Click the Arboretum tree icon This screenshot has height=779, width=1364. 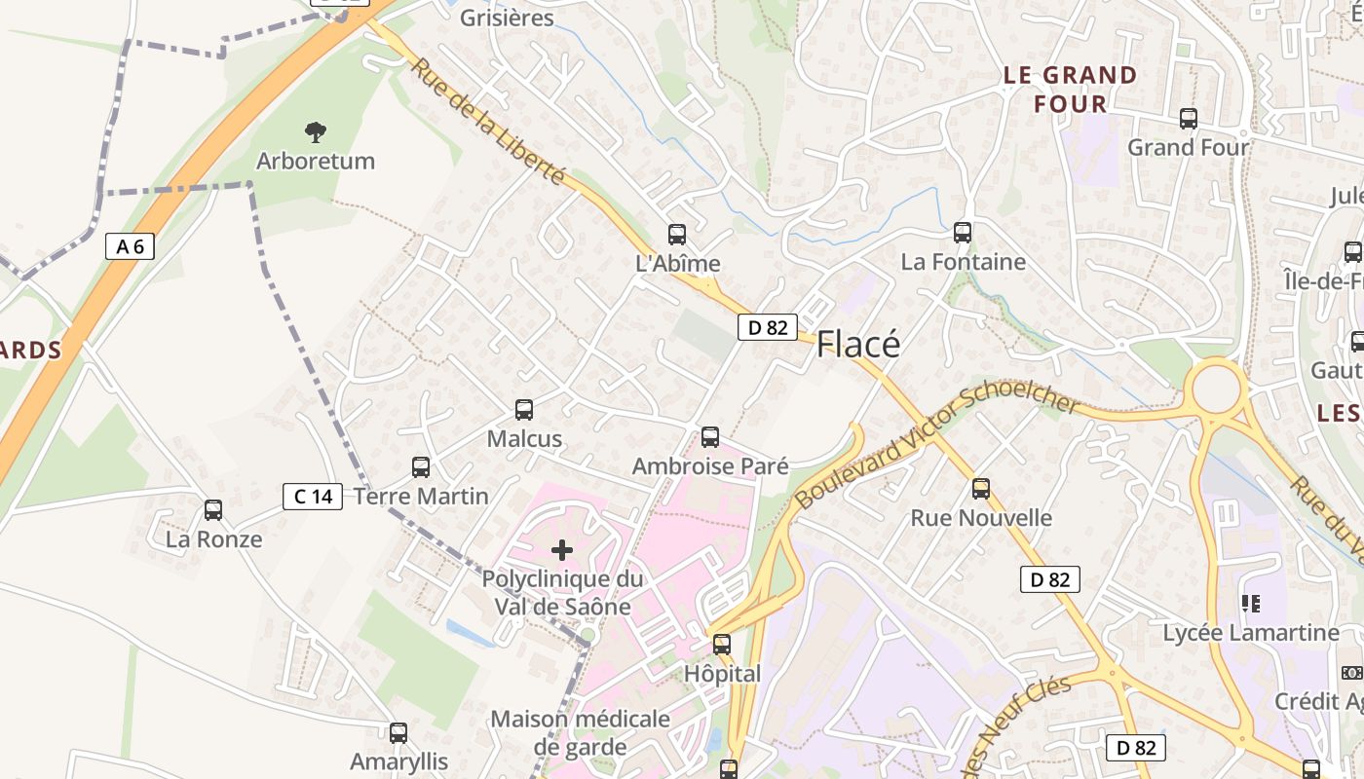click(x=315, y=132)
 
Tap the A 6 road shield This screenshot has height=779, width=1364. click(x=130, y=246)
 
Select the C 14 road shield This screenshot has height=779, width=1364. click(x=313, y=497)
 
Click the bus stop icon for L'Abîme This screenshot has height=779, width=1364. click(x=677, y=235)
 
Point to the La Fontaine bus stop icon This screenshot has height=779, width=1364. click(x=963, y=233)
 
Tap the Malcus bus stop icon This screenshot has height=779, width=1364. click(x=524, y=410)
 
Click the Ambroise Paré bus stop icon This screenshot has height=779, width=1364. click(x=710, y=437)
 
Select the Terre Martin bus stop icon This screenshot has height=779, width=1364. click(x=421, y=467)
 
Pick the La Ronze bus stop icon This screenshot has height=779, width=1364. click(x=213, y=510)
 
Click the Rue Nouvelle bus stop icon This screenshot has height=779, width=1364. click(x=981, y=489)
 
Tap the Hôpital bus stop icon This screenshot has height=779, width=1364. click(x=722, y=645)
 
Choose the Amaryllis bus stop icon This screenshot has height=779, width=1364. click(x=398, y=733)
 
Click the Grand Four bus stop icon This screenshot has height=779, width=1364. click(x=1189, y=119)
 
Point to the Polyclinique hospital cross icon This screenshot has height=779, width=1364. click(x=562, y=551)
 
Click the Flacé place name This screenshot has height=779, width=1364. click(x=858, y=344)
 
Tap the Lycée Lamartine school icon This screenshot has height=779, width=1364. click(x=1251, y=604)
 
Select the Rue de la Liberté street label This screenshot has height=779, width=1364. click(x=487, y=122)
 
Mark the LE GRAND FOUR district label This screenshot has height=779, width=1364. click(x=1070, y=90)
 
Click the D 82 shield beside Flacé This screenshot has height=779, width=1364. click(x=768, y=327)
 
